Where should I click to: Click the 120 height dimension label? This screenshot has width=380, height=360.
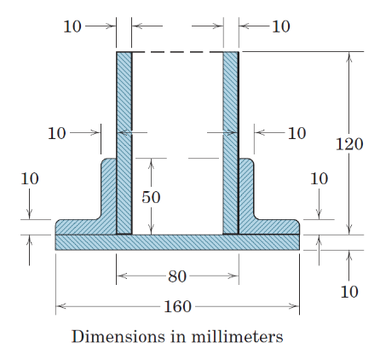(348, 144)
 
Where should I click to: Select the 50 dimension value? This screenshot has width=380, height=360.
(151, 197)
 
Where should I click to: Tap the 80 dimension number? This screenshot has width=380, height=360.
(176, 276)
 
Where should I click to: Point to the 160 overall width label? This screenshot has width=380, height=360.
(177, 306)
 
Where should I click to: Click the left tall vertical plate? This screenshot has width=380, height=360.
(124, 136)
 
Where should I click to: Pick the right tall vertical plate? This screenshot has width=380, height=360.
(231, 136)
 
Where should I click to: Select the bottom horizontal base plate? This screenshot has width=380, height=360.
(177, 242)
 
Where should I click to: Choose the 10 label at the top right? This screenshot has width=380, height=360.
(281, 26)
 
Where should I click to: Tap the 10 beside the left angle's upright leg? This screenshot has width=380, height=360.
(56, 133)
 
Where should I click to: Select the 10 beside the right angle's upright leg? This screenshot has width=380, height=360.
(296, 133)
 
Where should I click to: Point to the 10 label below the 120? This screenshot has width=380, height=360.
(348, 292)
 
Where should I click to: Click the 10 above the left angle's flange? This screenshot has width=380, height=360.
(30, 179)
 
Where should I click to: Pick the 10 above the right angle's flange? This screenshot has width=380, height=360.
(319, 179)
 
